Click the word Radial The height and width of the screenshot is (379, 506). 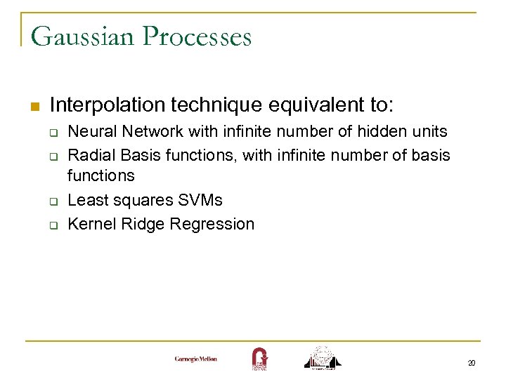90,154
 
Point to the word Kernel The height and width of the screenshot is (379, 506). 90,224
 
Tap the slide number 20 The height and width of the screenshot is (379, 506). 471,363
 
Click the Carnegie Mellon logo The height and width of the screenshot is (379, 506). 196,359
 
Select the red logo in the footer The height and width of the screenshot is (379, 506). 259,358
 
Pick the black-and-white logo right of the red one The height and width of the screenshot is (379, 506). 323,357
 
